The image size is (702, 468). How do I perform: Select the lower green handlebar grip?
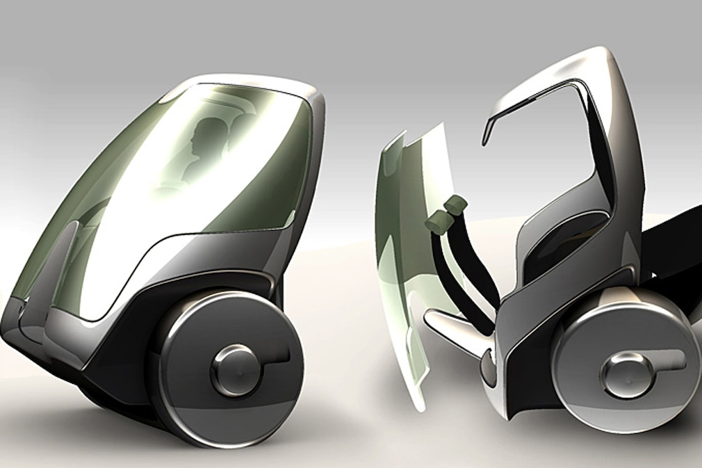click(436, 223)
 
